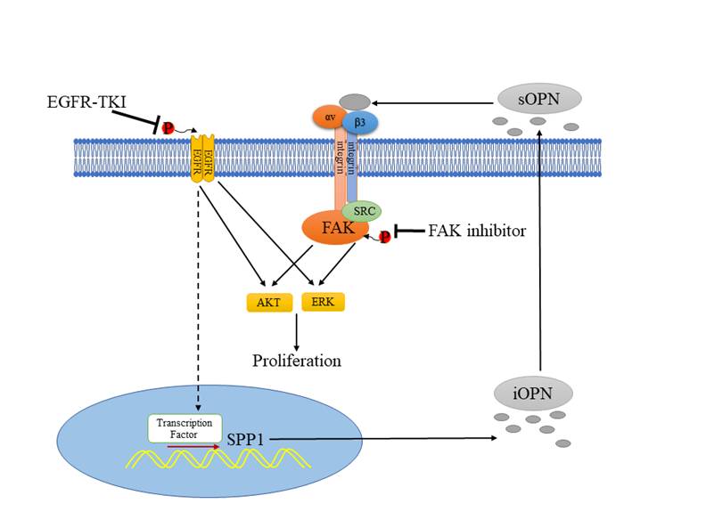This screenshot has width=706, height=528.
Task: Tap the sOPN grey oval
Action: pyautogui.click(x=539, y=98)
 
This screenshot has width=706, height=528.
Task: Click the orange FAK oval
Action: pyautogui.click(x=335, y=228)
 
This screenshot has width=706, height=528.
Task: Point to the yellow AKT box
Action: pyautogui.click(x=268, y=303)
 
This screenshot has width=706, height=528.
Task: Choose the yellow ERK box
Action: pyautogui.click(x=324, y=302)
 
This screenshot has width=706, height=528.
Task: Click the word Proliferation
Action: pyautogui.click(x=297, y=361)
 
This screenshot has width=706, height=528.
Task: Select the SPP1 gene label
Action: pyautogui.click(x=248, y=440)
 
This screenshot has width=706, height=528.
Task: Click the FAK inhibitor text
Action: pyautogui.click(x=477, y=232)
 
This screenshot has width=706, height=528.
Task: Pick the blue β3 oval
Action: pyautogui.click(x=360, y=121)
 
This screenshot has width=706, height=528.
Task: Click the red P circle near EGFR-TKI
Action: pyautogui.click(x=168, y=130)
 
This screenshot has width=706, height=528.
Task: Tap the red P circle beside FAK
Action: pyautogui.click(x=384, y=237)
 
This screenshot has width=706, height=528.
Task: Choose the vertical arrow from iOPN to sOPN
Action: pyautogui.click(x=539, y=249)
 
